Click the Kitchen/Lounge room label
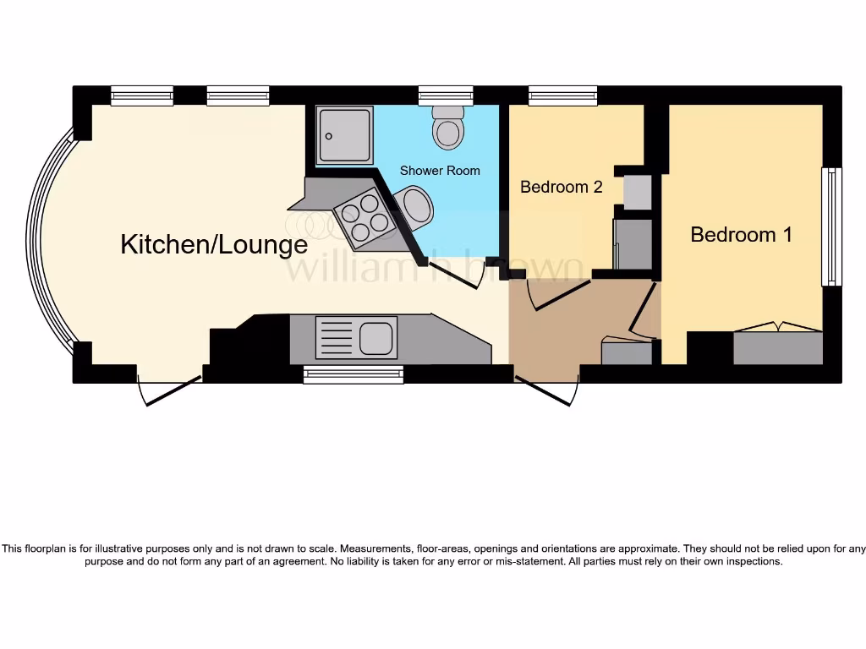click(x=214, y=245)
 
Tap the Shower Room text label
click(x=440, y=171)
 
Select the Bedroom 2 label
click(x=561, y=187)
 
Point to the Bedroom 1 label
click(x=741, y=235)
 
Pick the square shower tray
click(x=344, y=134)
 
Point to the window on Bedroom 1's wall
click(x=831, y=226)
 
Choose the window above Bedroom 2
click(x=562, y=95)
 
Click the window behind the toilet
click(x=446, y=95)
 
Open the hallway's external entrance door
click(x=547, y=390)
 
